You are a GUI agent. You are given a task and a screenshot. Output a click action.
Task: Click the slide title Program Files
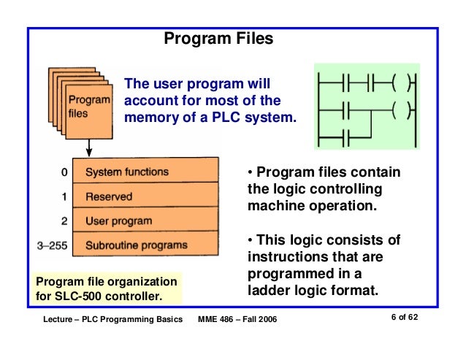[218, 38]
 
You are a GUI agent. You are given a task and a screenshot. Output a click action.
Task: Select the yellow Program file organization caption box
[107, 288]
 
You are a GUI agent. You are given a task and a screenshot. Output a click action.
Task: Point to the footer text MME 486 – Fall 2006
[238, 321]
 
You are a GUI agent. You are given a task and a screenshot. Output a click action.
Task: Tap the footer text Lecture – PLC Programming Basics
[112, 321]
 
